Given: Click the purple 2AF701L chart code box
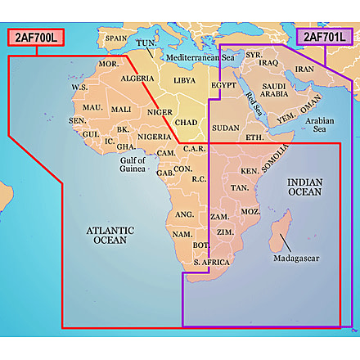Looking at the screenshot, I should [x=326, y=37].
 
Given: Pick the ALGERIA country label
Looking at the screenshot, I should [x=137, y=79].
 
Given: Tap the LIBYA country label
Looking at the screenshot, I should [x=184, y=81].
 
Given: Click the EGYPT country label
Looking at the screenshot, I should [x=223, y=85].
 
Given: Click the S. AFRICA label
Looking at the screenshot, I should [x=210, y=262].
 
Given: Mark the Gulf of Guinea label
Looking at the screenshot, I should [x=132, y=164].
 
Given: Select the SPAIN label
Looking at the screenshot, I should [x=116, y=38].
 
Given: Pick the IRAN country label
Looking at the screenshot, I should [x=304, y=70].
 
